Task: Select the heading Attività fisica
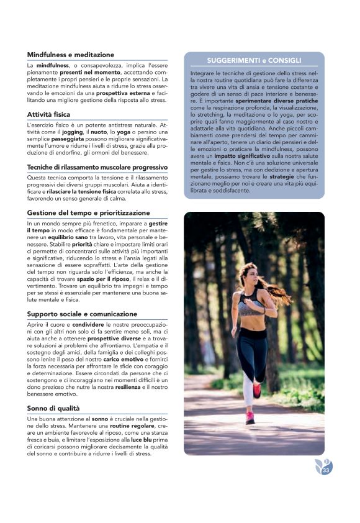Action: [48, 114]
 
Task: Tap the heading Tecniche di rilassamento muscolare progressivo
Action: [97, 167]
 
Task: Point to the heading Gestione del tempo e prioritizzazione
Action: [88, 213]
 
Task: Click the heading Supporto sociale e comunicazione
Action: [82, 314]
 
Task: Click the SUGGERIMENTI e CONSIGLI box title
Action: [254, 61]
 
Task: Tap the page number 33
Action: [325, 471]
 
